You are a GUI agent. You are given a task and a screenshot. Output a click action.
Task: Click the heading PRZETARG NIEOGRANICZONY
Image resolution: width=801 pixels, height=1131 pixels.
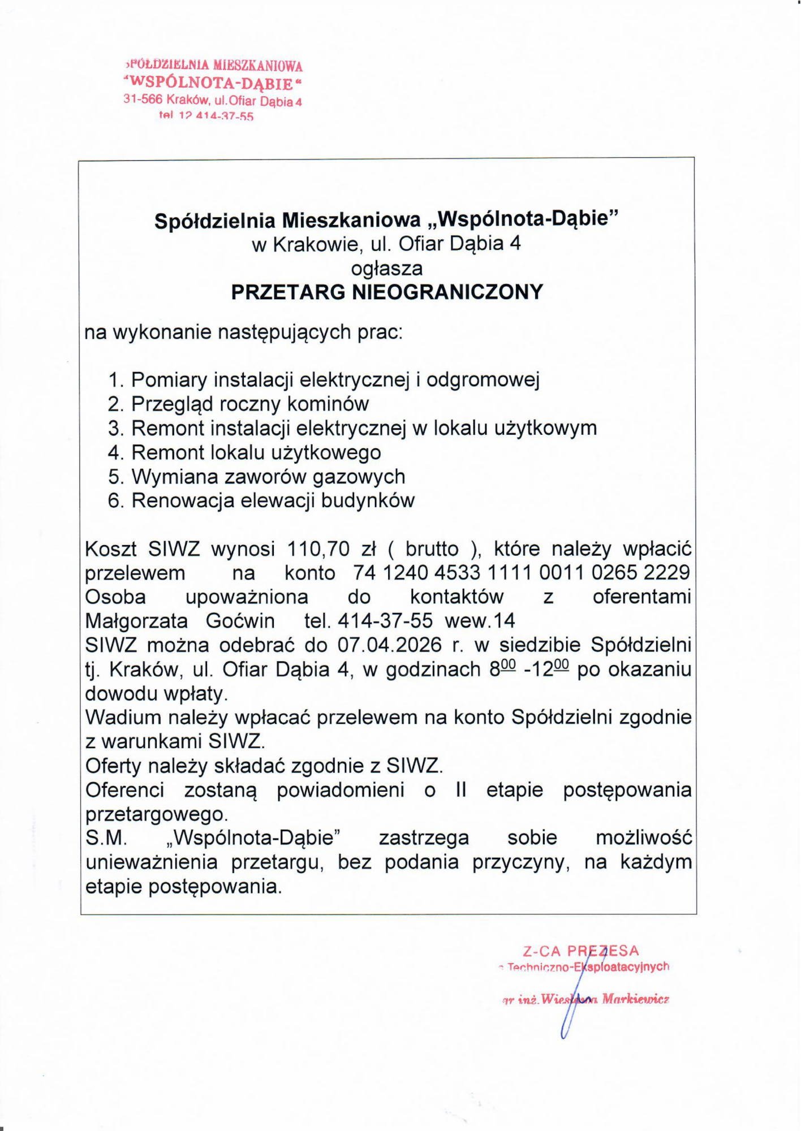point(387,292)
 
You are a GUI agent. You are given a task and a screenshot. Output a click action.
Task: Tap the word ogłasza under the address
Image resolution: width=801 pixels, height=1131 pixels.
point(387,267)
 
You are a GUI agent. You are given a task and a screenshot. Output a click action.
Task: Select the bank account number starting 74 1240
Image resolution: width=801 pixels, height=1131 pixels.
point(521,573)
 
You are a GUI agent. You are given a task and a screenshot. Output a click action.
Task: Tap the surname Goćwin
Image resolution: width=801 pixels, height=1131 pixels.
point(240,621)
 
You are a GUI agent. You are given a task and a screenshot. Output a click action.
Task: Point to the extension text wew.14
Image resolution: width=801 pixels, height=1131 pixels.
point(480,621)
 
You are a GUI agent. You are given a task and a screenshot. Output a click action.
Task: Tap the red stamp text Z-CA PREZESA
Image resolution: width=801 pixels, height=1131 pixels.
point(580,951)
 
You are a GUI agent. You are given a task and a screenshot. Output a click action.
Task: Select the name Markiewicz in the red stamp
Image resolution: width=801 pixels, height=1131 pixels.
point(635,999)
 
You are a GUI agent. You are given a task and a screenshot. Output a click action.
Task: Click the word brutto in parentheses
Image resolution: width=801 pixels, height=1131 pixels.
point(432,549)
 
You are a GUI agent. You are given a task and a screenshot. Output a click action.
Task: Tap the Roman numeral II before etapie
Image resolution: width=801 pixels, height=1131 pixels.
point(460,790)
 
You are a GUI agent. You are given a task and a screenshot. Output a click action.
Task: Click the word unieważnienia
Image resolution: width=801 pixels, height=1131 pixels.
point(152,862)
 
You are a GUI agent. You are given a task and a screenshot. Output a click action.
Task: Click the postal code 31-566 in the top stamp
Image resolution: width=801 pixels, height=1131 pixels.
point(143,100)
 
